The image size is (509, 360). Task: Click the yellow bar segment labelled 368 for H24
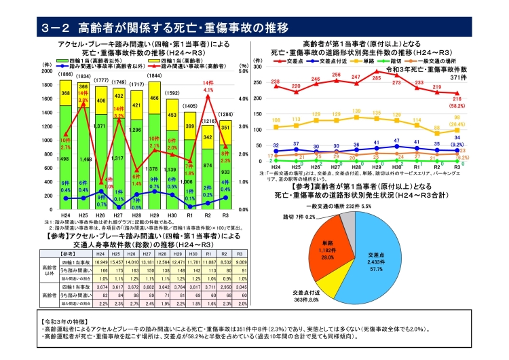coord(65,93)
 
